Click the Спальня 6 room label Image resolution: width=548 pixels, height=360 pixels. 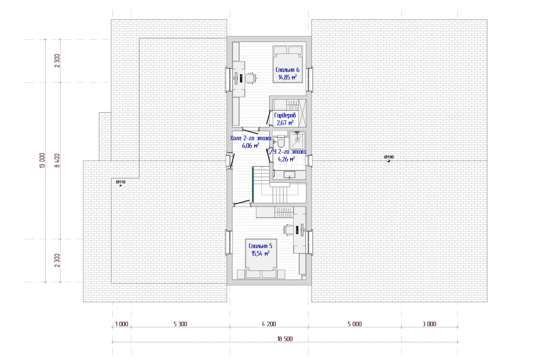[287, 70]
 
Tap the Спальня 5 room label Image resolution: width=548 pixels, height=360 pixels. [260, 246]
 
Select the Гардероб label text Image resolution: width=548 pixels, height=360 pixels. [285, 115]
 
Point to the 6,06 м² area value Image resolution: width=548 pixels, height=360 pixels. [251, 146]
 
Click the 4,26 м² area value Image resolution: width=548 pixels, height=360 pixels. [286, 159]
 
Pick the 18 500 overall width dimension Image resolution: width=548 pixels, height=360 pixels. [285, 339]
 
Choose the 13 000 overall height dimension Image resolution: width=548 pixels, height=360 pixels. [42, 160]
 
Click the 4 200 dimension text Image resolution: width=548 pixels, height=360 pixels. [269, 324]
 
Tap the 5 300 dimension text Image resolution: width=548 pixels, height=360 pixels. [180, 324]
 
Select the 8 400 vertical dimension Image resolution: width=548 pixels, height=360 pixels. [57, 160]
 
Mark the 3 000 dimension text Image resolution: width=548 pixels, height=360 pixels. [429, 324]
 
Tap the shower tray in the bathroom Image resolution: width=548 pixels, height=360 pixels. [297, 140]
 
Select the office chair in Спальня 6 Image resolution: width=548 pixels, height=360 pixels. [251, 78]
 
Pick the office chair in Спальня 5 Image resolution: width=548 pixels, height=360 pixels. [288, 230]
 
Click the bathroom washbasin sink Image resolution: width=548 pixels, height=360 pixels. [289, 175]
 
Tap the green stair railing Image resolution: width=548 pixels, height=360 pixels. [253, 184]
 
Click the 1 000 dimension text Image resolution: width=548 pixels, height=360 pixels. [122, 324]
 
